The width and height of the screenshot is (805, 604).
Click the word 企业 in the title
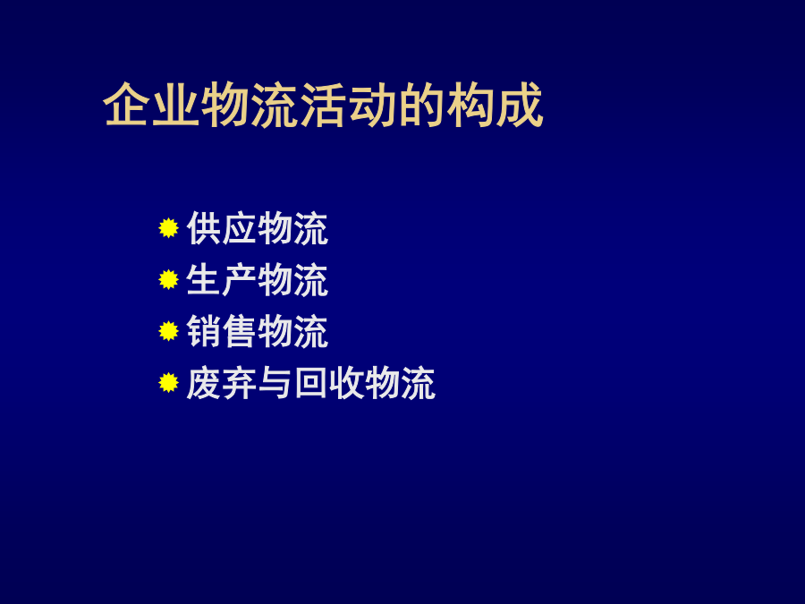[151, 105]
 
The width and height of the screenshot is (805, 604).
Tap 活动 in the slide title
[348, 105]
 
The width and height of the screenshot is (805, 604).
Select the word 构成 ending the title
[495, 105]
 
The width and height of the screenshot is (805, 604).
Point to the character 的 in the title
[421, 105]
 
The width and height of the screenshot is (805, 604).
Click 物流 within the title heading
[249, 105]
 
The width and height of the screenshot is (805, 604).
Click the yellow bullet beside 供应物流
[168, 228]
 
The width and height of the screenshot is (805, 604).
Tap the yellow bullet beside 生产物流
[168, 280]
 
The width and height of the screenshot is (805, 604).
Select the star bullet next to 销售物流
[168, 331]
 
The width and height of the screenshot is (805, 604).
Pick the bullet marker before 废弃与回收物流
[168, 383]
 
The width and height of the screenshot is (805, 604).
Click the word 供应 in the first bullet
[222, 228]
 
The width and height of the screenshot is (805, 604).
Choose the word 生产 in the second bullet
[222, 280]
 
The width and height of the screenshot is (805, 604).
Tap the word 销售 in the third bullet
[222, 331]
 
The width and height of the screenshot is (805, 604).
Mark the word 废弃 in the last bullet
[222, 383]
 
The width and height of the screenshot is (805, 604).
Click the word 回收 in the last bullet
[329, 383]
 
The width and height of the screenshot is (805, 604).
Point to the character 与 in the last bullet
[275, 383]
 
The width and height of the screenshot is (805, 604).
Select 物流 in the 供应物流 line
[293, 228]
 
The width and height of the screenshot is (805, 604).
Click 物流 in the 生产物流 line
[293, 280]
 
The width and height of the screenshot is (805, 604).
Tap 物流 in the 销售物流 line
[293, 331]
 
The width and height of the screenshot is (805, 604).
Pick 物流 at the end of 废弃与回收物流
[401, 383]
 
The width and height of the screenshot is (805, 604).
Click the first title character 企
[126, 105]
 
